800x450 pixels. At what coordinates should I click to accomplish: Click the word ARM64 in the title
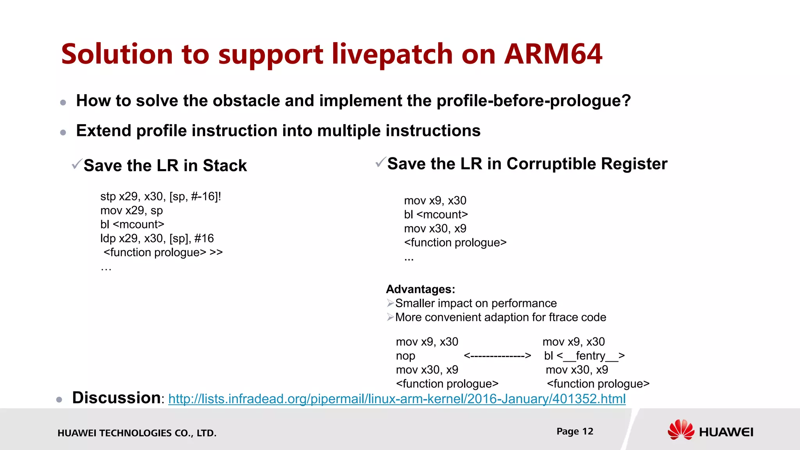point(553,54)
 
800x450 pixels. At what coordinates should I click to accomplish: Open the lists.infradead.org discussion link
point(397,399)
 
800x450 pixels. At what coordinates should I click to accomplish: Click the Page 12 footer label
point(575,431)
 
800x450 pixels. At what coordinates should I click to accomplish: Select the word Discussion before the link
point(116,398)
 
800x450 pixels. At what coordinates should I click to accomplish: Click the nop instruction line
point(405,356)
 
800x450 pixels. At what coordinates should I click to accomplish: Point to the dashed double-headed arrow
point(497,356)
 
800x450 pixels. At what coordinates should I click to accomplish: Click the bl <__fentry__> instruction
point(584,356)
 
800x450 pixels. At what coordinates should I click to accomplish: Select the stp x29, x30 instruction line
point(161,196)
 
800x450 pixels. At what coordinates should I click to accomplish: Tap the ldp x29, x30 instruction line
point(157,238)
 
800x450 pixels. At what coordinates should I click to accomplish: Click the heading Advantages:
point(420,289)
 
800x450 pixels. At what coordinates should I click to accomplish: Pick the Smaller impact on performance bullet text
point(476,303)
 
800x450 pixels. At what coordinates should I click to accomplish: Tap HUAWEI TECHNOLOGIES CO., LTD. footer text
point(137,433)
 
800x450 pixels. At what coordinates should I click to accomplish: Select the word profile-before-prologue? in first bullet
point(533,101)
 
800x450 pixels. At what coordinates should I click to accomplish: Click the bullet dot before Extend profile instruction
point(63,132)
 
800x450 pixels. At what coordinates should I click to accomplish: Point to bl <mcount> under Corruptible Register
point(436,214)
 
